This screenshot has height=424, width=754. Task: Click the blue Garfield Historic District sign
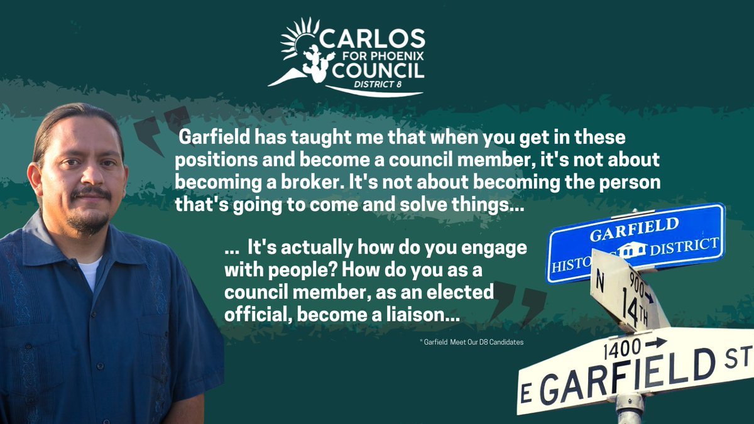[635, 242]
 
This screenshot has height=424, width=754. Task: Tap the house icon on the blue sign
[631, 251]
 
